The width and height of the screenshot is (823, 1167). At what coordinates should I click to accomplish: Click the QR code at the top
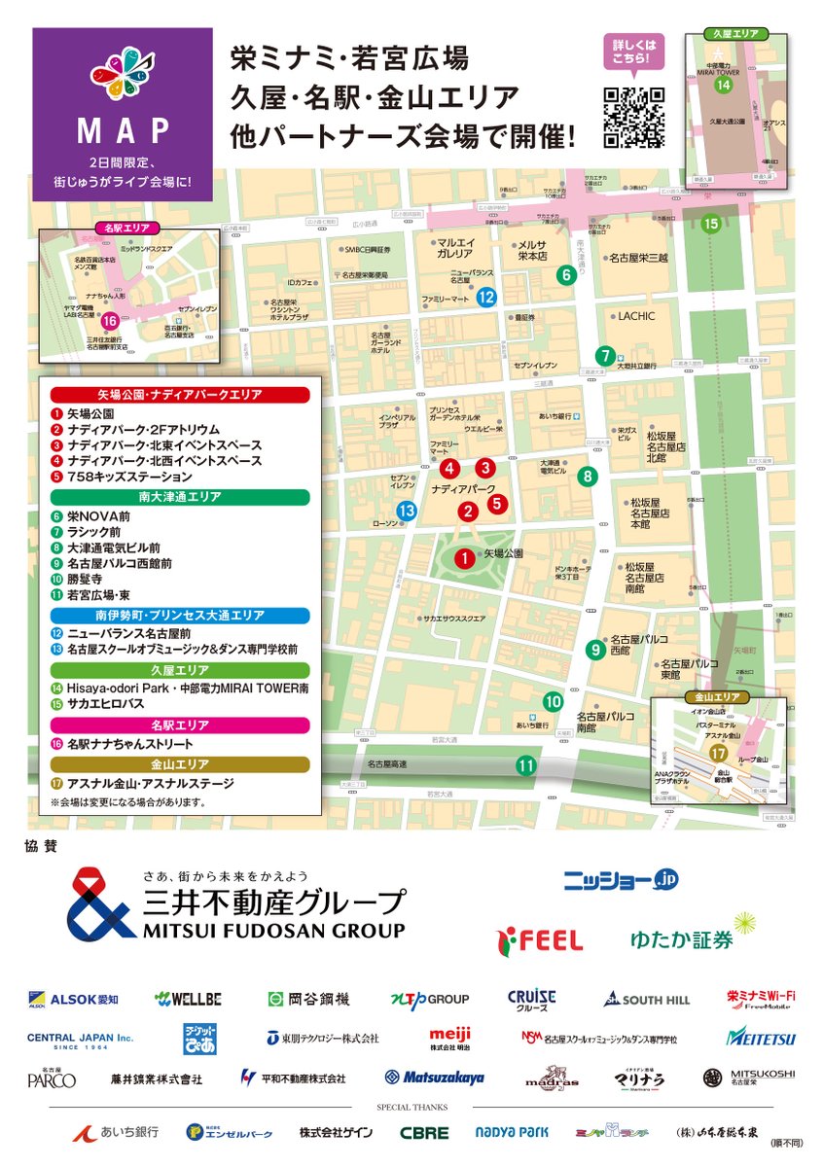(634, 118)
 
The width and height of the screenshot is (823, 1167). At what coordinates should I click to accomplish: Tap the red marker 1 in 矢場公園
(466, 558)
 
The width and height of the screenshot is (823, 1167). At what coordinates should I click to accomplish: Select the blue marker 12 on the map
(487, 299)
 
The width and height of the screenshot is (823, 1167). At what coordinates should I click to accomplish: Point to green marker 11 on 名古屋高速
(526, 765)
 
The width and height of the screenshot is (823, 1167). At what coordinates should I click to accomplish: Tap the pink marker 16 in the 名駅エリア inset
(110, 321)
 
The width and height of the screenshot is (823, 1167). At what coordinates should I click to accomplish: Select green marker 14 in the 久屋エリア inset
(723, 85)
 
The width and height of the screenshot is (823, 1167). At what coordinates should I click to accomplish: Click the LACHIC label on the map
(637, 316)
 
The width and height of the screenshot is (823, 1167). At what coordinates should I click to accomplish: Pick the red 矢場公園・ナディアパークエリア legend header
(180, 395)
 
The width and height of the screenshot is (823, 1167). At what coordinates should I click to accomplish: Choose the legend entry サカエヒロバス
(108, 703)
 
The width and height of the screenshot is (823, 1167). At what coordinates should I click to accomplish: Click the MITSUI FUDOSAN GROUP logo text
(274, 931)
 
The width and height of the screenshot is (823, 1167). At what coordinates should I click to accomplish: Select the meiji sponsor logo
(450, 1037)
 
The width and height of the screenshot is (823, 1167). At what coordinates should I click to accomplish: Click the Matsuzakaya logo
(435, 1078)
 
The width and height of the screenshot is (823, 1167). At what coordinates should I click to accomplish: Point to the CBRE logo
(424, 1133)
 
